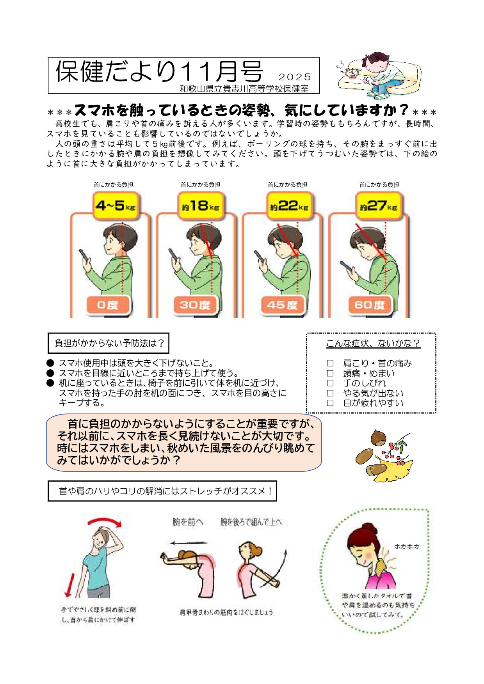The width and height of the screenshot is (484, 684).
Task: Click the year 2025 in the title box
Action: pos(295,77)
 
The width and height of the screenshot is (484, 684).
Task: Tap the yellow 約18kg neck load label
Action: pos(200,206)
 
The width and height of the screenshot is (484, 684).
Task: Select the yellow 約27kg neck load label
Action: pos(378,206)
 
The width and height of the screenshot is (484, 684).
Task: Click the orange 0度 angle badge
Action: pos(108,305)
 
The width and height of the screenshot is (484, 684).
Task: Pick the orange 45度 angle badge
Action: pos(282,305)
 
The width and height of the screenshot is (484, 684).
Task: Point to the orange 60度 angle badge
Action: pos(369,305)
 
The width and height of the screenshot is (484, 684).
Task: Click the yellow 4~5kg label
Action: pos(115,206)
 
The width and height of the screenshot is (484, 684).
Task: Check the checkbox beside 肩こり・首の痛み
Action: pos(330,363)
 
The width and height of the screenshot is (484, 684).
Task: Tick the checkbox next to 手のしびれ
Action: pos(330,383)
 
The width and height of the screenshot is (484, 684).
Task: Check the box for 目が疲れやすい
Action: pos(330,403)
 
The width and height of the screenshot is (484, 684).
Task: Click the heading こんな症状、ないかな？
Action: pos(373,343)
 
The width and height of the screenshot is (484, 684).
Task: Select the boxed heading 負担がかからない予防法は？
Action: pos(109,343)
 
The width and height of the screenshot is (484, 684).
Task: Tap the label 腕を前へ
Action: pos(188,522)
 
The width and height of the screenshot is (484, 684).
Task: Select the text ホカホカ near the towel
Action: pos(406,546)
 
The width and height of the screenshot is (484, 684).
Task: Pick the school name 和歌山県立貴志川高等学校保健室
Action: pos(244,89)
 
